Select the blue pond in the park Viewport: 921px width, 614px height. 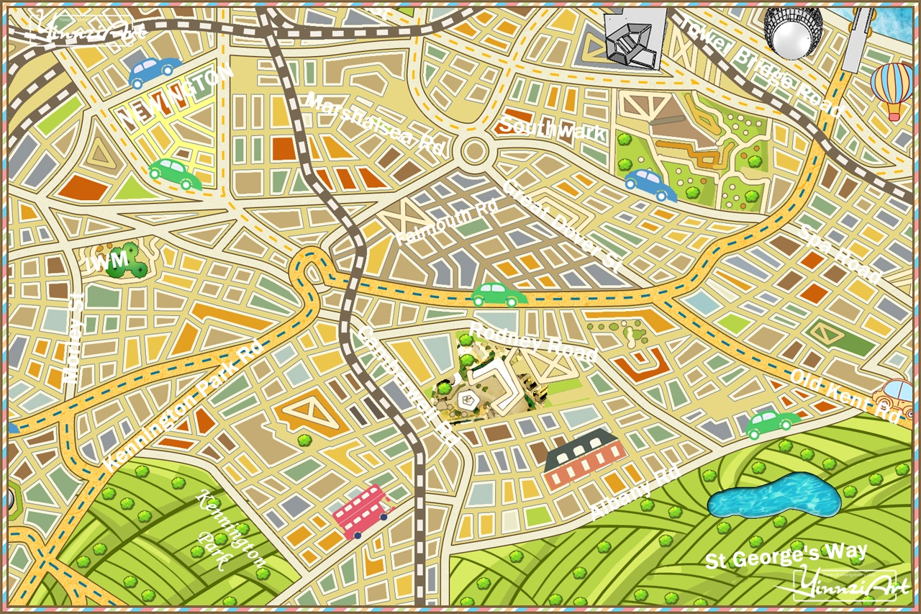click(773, 497)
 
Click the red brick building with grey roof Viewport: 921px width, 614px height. click(584, 460)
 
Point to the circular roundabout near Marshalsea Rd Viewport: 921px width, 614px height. click(474, 152)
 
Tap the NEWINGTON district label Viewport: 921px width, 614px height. click(176, 96)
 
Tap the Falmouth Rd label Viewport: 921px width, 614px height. click(447, 222)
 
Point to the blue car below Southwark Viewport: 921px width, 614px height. click(650, 184)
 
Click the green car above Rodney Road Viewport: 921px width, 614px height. click(499, 294)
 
